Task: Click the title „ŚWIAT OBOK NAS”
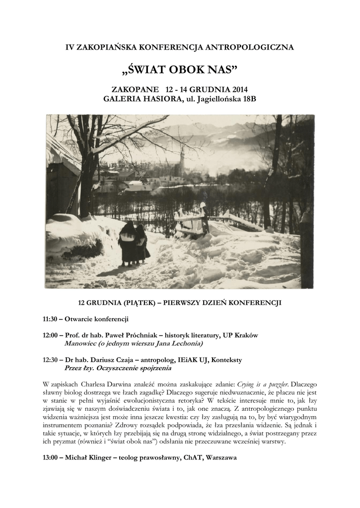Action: coord(180,68)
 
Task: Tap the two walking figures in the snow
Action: coord(134,244)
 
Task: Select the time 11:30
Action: coord(52,318)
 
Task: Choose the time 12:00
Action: coord(52,335)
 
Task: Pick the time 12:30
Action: coord(52,361)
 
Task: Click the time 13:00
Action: coord(52,458)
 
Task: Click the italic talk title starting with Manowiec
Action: coord(134,343)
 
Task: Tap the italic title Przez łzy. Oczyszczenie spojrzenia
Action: coord(118,369)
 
